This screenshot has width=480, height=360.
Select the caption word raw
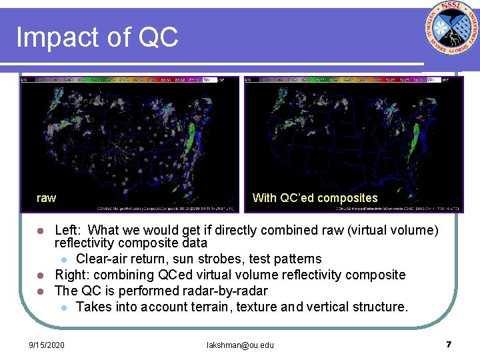coord(47,198)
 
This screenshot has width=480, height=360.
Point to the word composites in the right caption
coord(347,198)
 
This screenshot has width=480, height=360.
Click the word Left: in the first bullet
coord(71,231)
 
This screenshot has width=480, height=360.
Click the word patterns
coord(297,259)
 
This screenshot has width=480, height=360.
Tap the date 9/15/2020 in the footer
coord(47,345)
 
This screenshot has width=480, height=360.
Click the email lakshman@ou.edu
coord(240,345)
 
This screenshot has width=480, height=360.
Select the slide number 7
coord(449,345)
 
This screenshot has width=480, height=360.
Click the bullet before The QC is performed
coord(40,291)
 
